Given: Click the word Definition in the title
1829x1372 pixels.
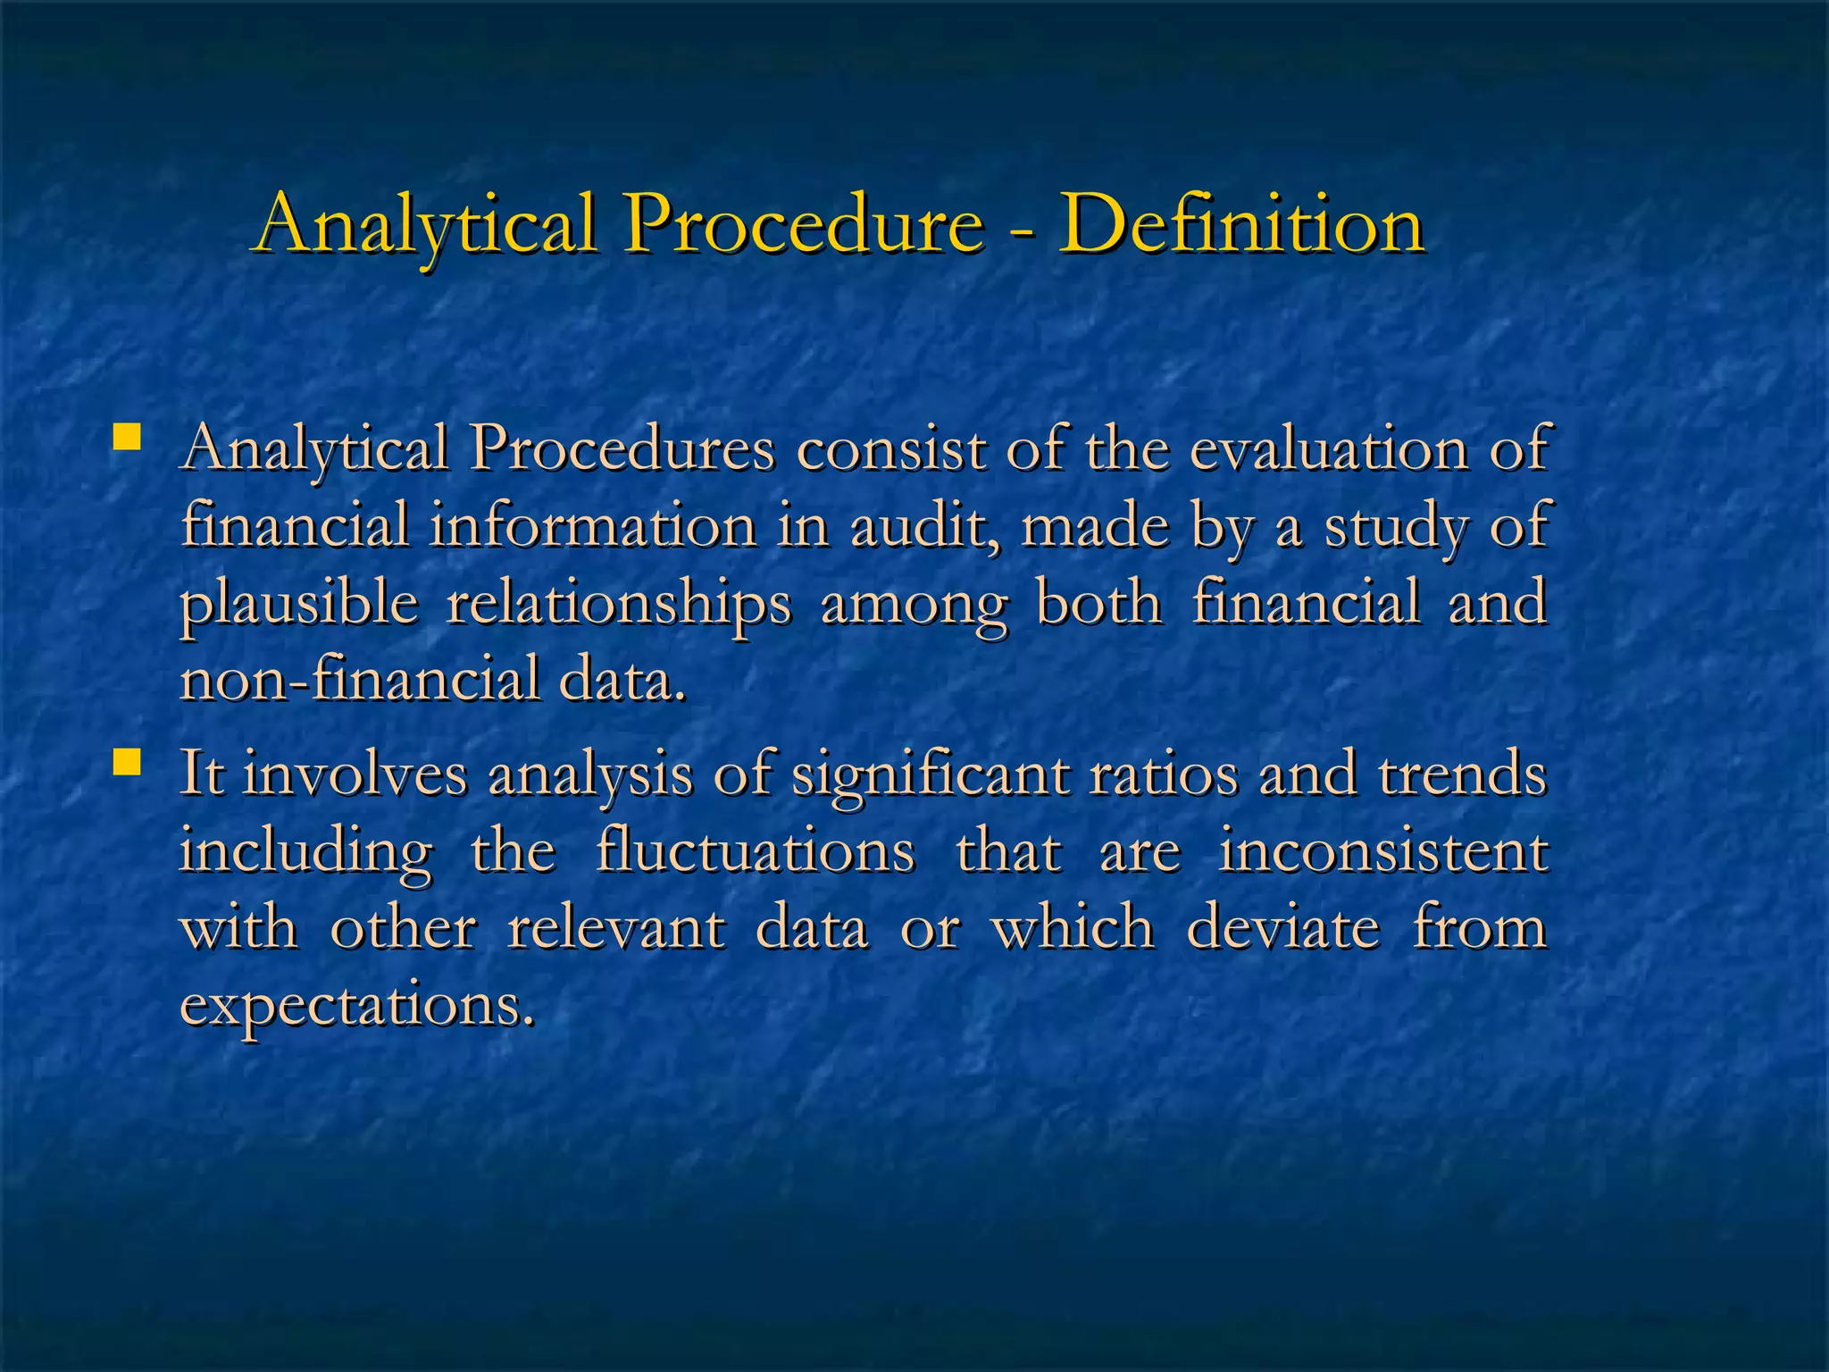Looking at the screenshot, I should tap(1240, 224).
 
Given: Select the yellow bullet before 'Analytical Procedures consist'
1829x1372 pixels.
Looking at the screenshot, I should tap(128, 438).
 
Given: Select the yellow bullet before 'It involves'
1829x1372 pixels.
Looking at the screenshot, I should tap(128, 763).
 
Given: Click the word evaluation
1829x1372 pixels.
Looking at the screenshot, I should tap(1329, 448).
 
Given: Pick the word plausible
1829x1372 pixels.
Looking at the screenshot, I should tap(299, 604).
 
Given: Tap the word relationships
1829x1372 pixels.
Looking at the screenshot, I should tap(618, 604).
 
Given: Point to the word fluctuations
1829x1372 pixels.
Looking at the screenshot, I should tap(756, 850).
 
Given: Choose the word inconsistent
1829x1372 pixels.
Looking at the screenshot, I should tap(1382, 850).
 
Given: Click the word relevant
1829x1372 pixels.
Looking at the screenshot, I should tap(616, 927).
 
